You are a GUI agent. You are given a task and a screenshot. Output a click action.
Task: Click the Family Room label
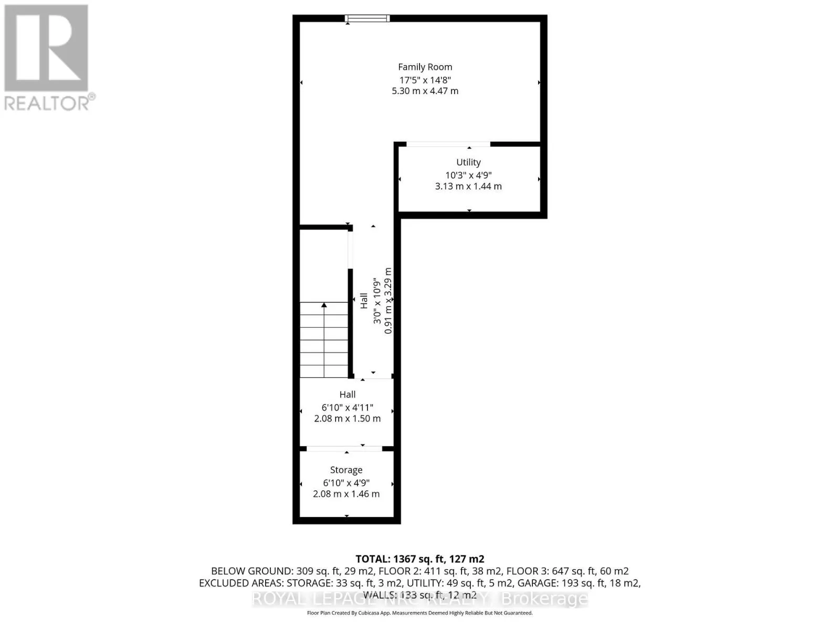click(425, 67)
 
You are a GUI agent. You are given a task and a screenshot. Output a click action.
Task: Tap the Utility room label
click(468, 162)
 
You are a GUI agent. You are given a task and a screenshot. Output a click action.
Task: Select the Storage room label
click(346, 470)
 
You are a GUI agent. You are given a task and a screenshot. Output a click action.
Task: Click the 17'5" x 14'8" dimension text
click(425, 80)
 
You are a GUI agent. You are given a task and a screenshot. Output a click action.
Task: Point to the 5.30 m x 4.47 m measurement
click(425, 91)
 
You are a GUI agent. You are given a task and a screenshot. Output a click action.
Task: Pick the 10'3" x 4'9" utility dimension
click(468, 175)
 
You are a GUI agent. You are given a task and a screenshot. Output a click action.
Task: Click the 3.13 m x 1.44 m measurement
click(468, 186)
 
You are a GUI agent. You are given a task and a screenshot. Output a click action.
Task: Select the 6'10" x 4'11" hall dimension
click(347, 407)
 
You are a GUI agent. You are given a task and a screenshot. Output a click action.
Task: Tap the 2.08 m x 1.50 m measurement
click(347, 418)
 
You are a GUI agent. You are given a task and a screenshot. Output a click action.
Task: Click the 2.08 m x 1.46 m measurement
click(346, 493)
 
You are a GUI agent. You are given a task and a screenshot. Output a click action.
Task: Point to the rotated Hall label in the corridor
click(364, 301)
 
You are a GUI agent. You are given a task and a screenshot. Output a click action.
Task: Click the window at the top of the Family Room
click(367, 19)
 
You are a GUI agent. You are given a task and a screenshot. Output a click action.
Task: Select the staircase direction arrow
click(324, 306)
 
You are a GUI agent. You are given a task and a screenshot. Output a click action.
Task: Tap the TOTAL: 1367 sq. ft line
click(419, 559)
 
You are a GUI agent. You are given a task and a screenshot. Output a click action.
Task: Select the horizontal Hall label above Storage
click(347, 394)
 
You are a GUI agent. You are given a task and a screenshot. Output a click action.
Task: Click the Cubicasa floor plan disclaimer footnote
click(419, 613)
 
